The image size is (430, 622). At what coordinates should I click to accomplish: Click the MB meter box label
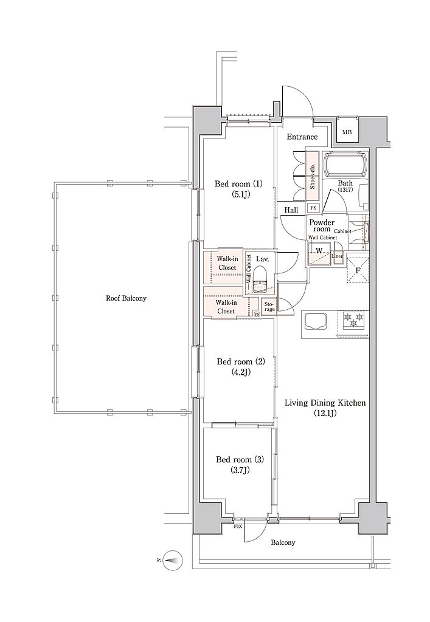tap(347, 132)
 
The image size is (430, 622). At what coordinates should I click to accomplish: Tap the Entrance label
tap(302, 137)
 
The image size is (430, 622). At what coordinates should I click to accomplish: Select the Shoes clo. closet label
tap(313, 176)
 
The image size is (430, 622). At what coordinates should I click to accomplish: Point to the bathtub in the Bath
tap(347, 164)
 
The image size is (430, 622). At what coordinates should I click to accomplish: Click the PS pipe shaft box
tap(313, 208)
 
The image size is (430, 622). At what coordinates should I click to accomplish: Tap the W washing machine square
tap(319, 254)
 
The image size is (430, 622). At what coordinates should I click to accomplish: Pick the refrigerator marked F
tap(358, 270)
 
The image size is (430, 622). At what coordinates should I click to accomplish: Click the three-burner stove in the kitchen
tap(353, 321)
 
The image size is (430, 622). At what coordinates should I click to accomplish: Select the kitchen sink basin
tap(316, 321)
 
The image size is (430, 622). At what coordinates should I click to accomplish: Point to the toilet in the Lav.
tap(260, 277)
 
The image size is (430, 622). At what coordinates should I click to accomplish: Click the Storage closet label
tap(269, 307)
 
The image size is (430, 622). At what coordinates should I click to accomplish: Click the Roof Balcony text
tap(127, 298)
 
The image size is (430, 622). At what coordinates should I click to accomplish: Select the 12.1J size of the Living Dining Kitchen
tap(325, 414)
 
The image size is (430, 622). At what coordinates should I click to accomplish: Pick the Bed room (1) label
tap(238, 184)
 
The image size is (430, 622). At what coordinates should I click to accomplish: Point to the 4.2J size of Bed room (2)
tap(241, 372)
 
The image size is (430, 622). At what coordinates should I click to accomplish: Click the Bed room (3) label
tap(240, 460)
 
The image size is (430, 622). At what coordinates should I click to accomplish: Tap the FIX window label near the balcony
tap(238, 527)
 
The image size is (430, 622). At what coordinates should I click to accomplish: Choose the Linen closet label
tap(338, 256)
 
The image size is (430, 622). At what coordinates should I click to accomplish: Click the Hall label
tap(291, 210)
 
